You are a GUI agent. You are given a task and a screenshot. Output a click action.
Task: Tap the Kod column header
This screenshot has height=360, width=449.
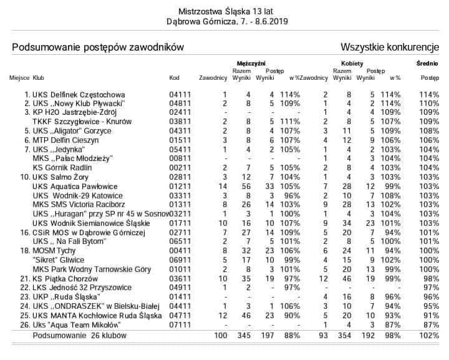[175, 78]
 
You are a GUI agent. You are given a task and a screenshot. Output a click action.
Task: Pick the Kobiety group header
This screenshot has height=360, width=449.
[352, 64]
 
